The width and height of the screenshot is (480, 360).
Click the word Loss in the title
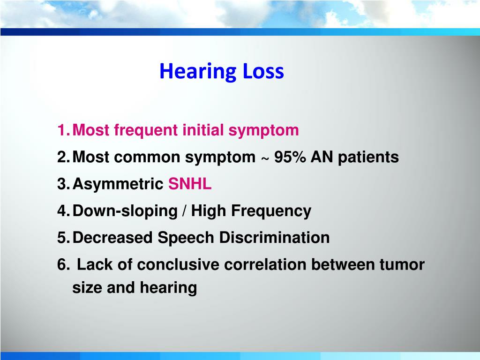coord(263,72)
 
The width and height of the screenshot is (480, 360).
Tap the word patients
coord(368,157)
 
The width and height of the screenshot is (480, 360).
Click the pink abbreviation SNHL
coord(190,184)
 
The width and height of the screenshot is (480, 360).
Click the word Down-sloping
coord(125,211)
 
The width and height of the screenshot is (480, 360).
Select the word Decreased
coord(113,238)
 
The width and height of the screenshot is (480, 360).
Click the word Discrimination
coord(275,238)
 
